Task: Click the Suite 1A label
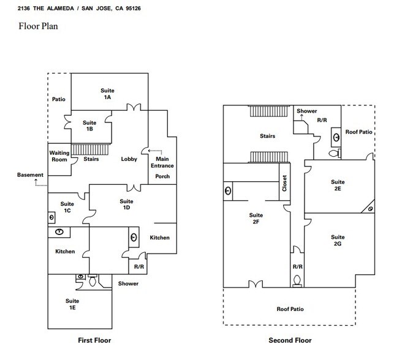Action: tap(107, 94)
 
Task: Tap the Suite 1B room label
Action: tap(89, 126)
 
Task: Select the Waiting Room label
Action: tap(59, 156)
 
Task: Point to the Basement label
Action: tap(30, 174)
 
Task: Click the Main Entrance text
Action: tap(162, 162)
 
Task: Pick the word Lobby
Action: tap(129, 159)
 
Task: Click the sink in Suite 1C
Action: tap(51, 217)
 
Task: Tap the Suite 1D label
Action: tap(126, 204)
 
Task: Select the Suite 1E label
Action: tap(72, 304)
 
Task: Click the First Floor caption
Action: tap(94, 340)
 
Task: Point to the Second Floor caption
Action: tap(290, 340)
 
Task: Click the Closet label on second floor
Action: tap(284, 183)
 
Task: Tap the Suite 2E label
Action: tap(338, 186)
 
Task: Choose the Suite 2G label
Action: tap(338, 240)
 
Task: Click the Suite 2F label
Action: tap(256, 219)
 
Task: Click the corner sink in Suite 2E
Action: tap(370, 209)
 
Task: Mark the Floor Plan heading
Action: tap(38, 26)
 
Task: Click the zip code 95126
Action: tap(134, 9)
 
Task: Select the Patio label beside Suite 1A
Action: tap(58, 99)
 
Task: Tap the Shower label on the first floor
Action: tap(128, 283)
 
